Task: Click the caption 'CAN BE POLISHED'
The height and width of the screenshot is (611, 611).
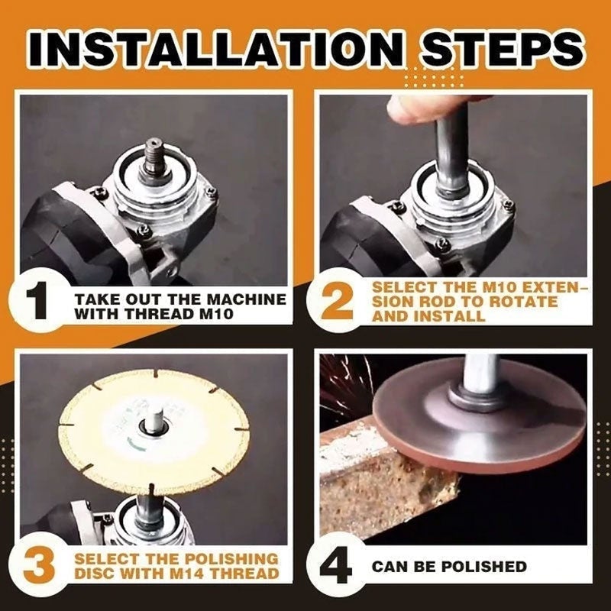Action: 449,567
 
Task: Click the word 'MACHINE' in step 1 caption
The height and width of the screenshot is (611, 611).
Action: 246,299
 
